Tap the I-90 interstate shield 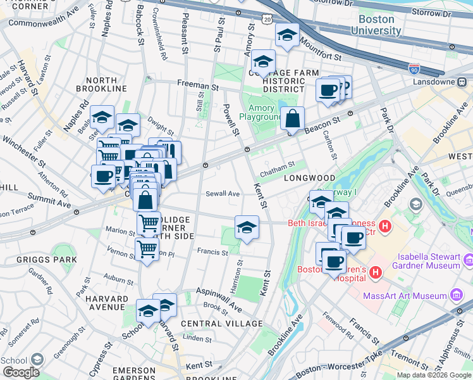coord(414,68)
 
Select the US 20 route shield coord(267,20)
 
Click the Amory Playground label coord(260,113)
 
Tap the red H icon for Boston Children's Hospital coord(376,272)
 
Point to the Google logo coord(21,372)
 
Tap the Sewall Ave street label coord(223,194)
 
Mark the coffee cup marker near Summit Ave coord(103,177)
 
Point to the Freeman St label coord(197,84)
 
